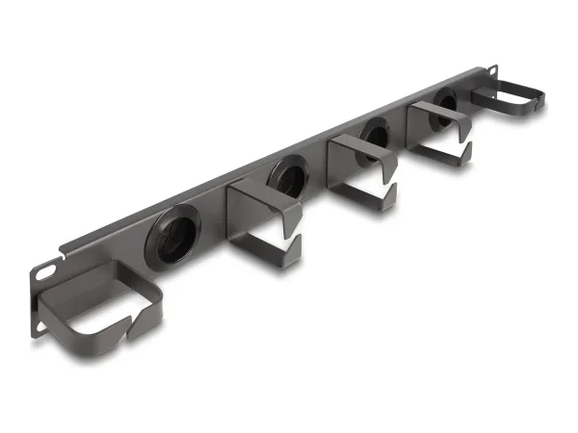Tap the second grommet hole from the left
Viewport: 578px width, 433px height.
point(287,176)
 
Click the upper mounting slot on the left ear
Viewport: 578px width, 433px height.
point(45,272)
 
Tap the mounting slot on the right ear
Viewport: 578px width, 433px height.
point(491,72)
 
